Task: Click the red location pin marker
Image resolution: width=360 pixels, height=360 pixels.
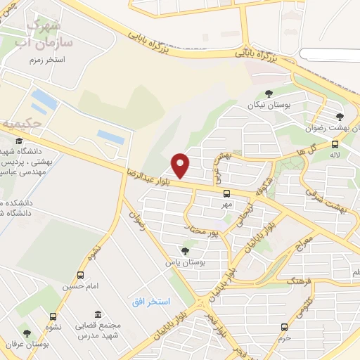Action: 181,165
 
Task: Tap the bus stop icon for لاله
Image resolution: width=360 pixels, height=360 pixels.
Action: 335,145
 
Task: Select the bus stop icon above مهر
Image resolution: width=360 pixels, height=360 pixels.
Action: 226,193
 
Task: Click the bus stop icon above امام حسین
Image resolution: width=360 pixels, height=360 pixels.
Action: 81,276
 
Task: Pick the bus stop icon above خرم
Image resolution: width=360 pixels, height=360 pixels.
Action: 284,327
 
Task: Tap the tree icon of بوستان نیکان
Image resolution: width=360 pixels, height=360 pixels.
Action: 268,94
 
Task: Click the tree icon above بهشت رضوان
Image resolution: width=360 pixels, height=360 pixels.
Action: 340,117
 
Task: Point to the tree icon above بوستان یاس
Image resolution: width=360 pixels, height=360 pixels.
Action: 185,250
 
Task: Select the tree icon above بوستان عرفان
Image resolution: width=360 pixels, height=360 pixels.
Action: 27,333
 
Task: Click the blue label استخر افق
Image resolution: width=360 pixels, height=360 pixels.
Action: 151,301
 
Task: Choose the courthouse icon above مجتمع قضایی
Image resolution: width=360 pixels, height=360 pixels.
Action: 97,314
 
